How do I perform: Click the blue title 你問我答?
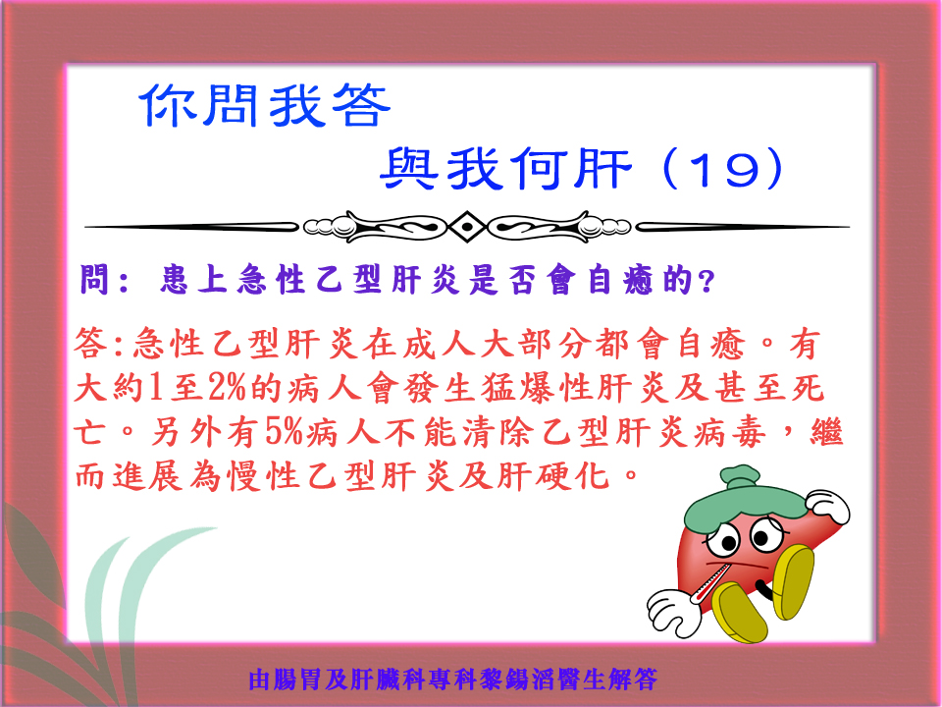tap(265, 105)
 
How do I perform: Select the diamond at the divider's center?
tap(467, 227)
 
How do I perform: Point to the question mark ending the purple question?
tap(706, 281)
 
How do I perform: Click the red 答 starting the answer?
tap(90, 344)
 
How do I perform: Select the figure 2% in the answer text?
tap(228, 388)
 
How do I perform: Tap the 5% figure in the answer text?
tap(285, 432)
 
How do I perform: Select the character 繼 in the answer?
tap(826, 432)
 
